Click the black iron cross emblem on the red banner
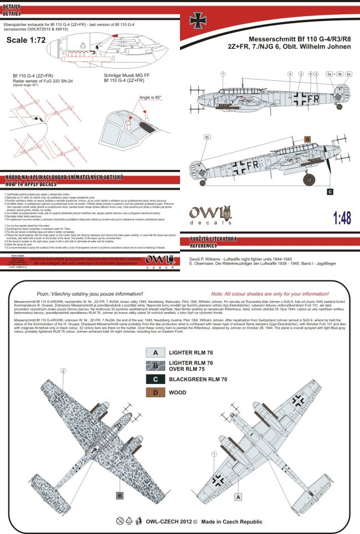click(x=198, y=21)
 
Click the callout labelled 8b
click(x=207, y=137)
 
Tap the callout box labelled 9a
click(x=330, y=74)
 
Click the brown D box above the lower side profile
click(x=307, y=140)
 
